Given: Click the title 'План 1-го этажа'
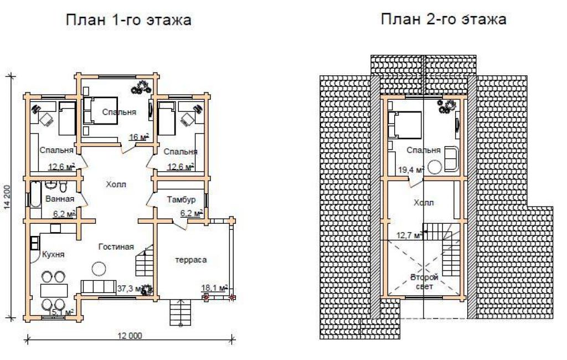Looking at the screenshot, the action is coord(128,20).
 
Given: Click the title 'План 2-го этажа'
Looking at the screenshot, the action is coord(444,19).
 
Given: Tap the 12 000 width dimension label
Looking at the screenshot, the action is coord(130,336).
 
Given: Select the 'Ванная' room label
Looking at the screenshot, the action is coord(60,199).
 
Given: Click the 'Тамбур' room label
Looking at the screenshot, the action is coord(181,199).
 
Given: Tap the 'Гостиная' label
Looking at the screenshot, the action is coord(116,247).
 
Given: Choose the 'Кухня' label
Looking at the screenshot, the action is coord(53,254).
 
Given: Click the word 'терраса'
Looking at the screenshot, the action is coord(191,260).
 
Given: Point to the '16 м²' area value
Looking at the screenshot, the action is coord(139,137).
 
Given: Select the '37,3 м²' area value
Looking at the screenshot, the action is coord(130,289).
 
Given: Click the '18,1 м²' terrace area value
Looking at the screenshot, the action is coord(214,287).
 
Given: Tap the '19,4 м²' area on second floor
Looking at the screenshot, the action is coord(411,169).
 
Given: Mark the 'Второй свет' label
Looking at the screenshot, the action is coord(424,282).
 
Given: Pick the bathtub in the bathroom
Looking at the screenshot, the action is coord(35,194).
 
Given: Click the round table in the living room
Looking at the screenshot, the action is coord(99,269).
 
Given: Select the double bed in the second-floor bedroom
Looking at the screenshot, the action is coord(405,125).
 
